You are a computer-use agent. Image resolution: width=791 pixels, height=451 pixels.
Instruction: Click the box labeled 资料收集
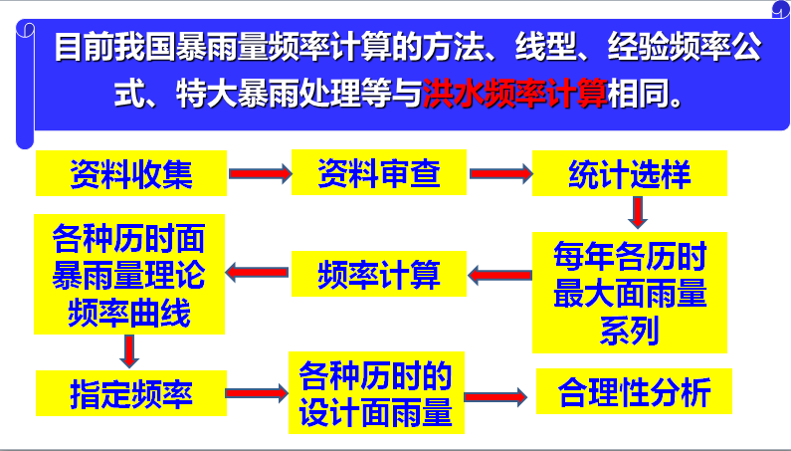click(x=131, y=174)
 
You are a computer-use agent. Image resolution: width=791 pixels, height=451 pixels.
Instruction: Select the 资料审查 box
click(x=379, y=174)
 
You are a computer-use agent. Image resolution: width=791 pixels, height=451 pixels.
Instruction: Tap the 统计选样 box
click(x=629, y=174)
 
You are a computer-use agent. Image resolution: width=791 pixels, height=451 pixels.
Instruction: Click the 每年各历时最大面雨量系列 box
click(x=629, y=293)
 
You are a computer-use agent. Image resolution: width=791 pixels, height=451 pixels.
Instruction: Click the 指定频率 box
click(x=130, y=393)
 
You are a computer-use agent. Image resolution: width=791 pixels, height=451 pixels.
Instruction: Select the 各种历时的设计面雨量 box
click(x=376, y=393)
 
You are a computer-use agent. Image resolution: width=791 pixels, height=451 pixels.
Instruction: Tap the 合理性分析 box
click(x=635, y=392)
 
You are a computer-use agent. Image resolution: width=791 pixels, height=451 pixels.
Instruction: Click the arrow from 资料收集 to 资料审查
click(x=260, y=174)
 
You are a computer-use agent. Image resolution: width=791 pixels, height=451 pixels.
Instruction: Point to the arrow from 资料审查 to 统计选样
click(x=500, y=174)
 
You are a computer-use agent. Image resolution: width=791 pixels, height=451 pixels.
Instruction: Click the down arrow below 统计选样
click(x=638, y=211)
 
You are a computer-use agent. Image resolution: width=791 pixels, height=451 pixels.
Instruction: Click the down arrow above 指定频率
click(x=128, y=349)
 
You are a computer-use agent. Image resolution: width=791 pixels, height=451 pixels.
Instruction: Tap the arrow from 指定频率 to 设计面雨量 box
click(x=256, y=393)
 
